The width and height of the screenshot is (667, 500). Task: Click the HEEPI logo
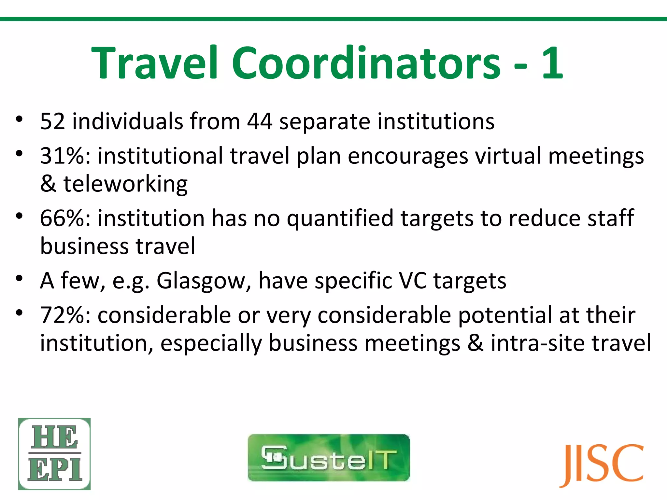[x=54, y=454]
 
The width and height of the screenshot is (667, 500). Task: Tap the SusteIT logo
[x=329, y=457]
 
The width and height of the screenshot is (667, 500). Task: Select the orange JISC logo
[x=602, y=465]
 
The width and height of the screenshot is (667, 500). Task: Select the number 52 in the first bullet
[x=52, y=121]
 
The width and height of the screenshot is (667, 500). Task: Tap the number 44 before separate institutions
[x=260, y=121]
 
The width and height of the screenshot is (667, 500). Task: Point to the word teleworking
[x=125, y=184]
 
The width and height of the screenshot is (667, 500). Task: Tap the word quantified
[x=340, y=218]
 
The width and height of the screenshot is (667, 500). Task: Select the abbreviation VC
[x=413, y=281]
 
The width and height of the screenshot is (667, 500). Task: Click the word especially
[x=211, y=344]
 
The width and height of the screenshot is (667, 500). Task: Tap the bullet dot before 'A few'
[x=19, y=278]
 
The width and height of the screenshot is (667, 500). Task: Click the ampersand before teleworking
[x=48, y=184]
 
